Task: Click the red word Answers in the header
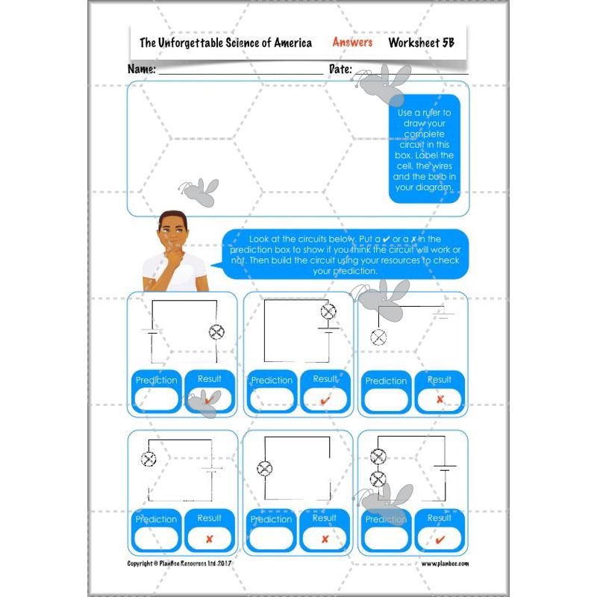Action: click(x=352, y=43)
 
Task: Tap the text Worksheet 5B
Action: click(x=421, y=43)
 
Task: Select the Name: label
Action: click(x=142, y=69)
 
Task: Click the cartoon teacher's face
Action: click(x=173, y=234)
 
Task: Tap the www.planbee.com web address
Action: click(x=445, y=563)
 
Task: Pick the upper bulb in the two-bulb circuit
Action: click(x=378, y=457)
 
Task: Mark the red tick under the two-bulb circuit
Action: click(x=440, y=539)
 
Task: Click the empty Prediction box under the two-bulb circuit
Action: click(x=386, y=539)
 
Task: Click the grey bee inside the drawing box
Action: click(x=199, y=191)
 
